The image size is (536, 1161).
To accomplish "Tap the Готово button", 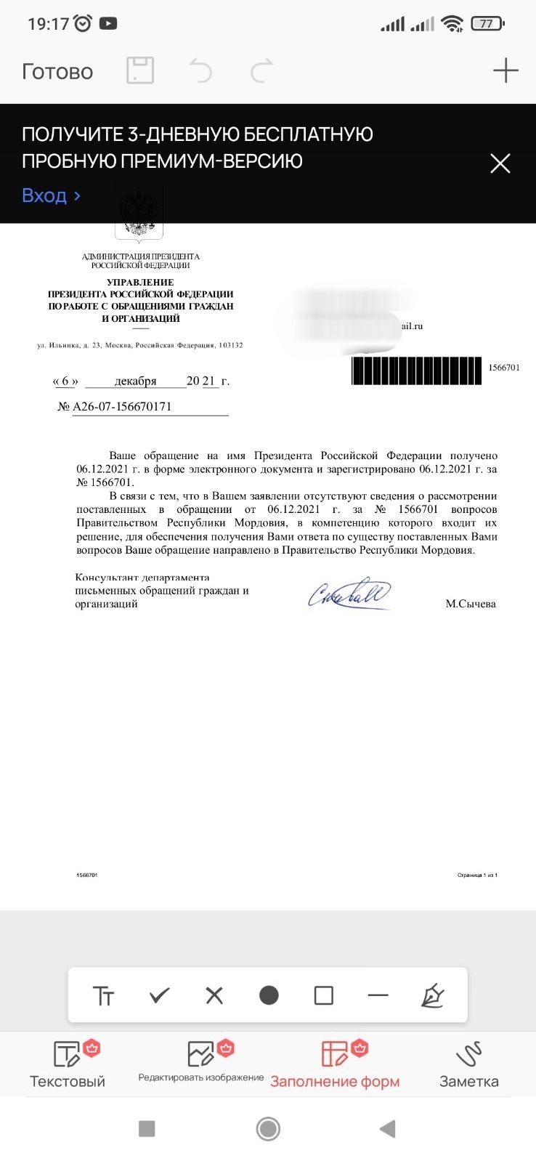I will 57,71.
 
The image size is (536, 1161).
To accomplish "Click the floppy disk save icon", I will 140,70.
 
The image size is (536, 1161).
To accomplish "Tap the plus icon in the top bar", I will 505,70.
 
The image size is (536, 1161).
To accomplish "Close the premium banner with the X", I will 500,163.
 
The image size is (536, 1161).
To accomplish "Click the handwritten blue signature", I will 349,594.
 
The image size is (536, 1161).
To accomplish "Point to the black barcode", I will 416,371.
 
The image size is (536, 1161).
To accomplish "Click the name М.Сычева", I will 471,604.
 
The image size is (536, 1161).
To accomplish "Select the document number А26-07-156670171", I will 122,406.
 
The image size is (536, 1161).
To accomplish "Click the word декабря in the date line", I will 135,381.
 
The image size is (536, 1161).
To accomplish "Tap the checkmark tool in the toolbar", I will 159,995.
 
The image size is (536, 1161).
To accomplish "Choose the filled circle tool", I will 269,995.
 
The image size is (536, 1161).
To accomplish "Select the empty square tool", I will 323,995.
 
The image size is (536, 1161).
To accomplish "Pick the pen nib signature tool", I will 433,995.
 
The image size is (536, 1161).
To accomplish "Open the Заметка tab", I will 469,1065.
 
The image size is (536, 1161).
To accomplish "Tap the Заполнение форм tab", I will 335,1065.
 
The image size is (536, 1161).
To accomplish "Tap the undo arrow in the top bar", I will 200,70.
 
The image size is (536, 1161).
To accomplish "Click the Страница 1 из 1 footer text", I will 477,875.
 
